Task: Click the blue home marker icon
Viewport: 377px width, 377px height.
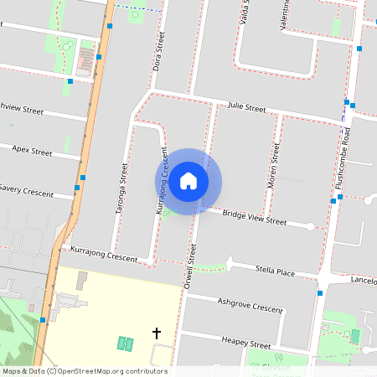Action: point(188,181)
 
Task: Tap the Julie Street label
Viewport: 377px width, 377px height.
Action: point(246,109)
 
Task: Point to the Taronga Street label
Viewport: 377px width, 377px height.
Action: point(123,189)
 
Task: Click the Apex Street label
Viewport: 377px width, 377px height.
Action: point(32,151)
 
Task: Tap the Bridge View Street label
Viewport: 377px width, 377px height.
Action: point(254,218)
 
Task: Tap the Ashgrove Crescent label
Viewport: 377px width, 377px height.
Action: point(250,304)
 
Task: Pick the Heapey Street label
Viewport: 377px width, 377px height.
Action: point(245,342)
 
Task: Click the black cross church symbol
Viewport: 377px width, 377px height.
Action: point(156,333)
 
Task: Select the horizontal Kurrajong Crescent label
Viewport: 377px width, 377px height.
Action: point(104,254)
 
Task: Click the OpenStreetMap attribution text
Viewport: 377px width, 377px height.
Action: point(84,371)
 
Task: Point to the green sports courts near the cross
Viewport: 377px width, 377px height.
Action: point(126,343)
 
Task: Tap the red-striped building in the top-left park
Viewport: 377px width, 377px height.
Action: point(85,59)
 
